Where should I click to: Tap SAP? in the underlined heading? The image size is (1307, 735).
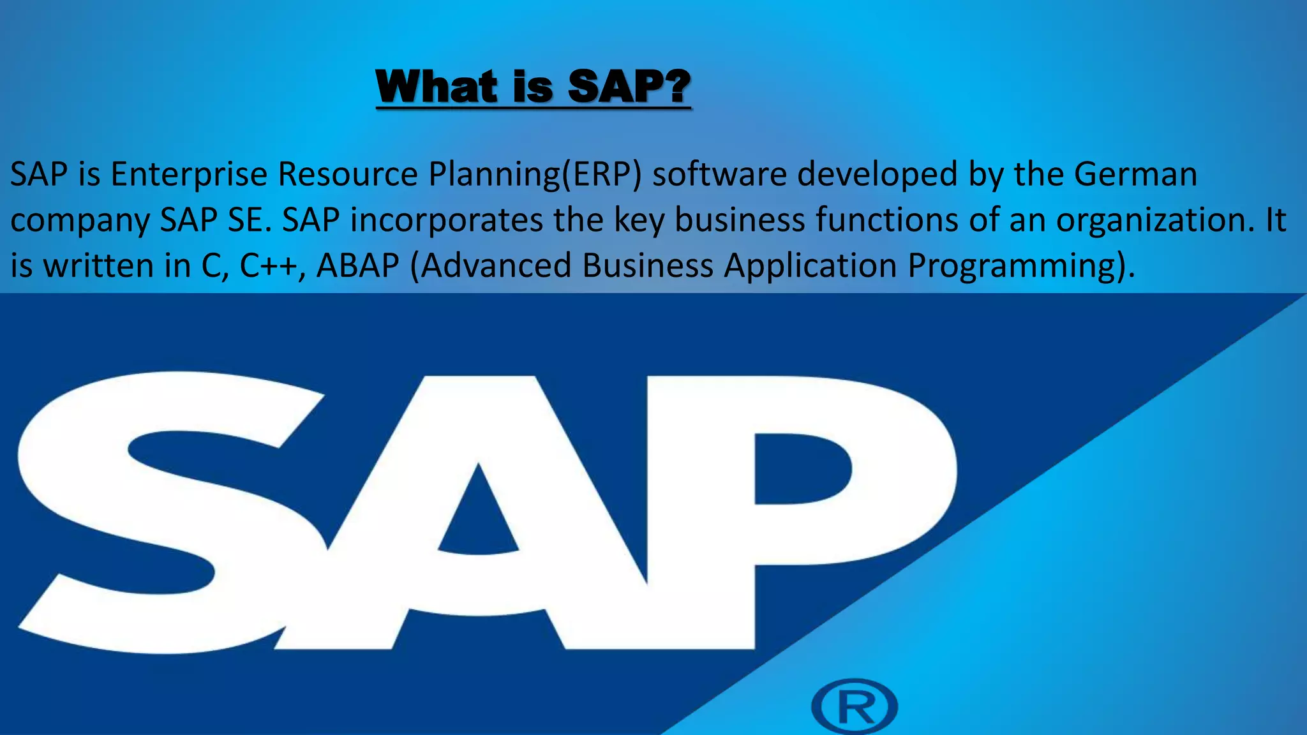click(x=629, y=87)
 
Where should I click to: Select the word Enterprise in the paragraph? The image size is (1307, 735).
click(x=189, y=174)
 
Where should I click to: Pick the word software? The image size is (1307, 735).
click(x=719, y=174)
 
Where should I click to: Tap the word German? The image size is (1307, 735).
click(x=1135, y=174)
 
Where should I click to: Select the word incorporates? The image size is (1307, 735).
click(x=446, y=221)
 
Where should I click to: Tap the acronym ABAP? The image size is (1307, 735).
click(x=357, y=266)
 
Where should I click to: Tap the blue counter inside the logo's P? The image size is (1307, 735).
click(x=801, y=469)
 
